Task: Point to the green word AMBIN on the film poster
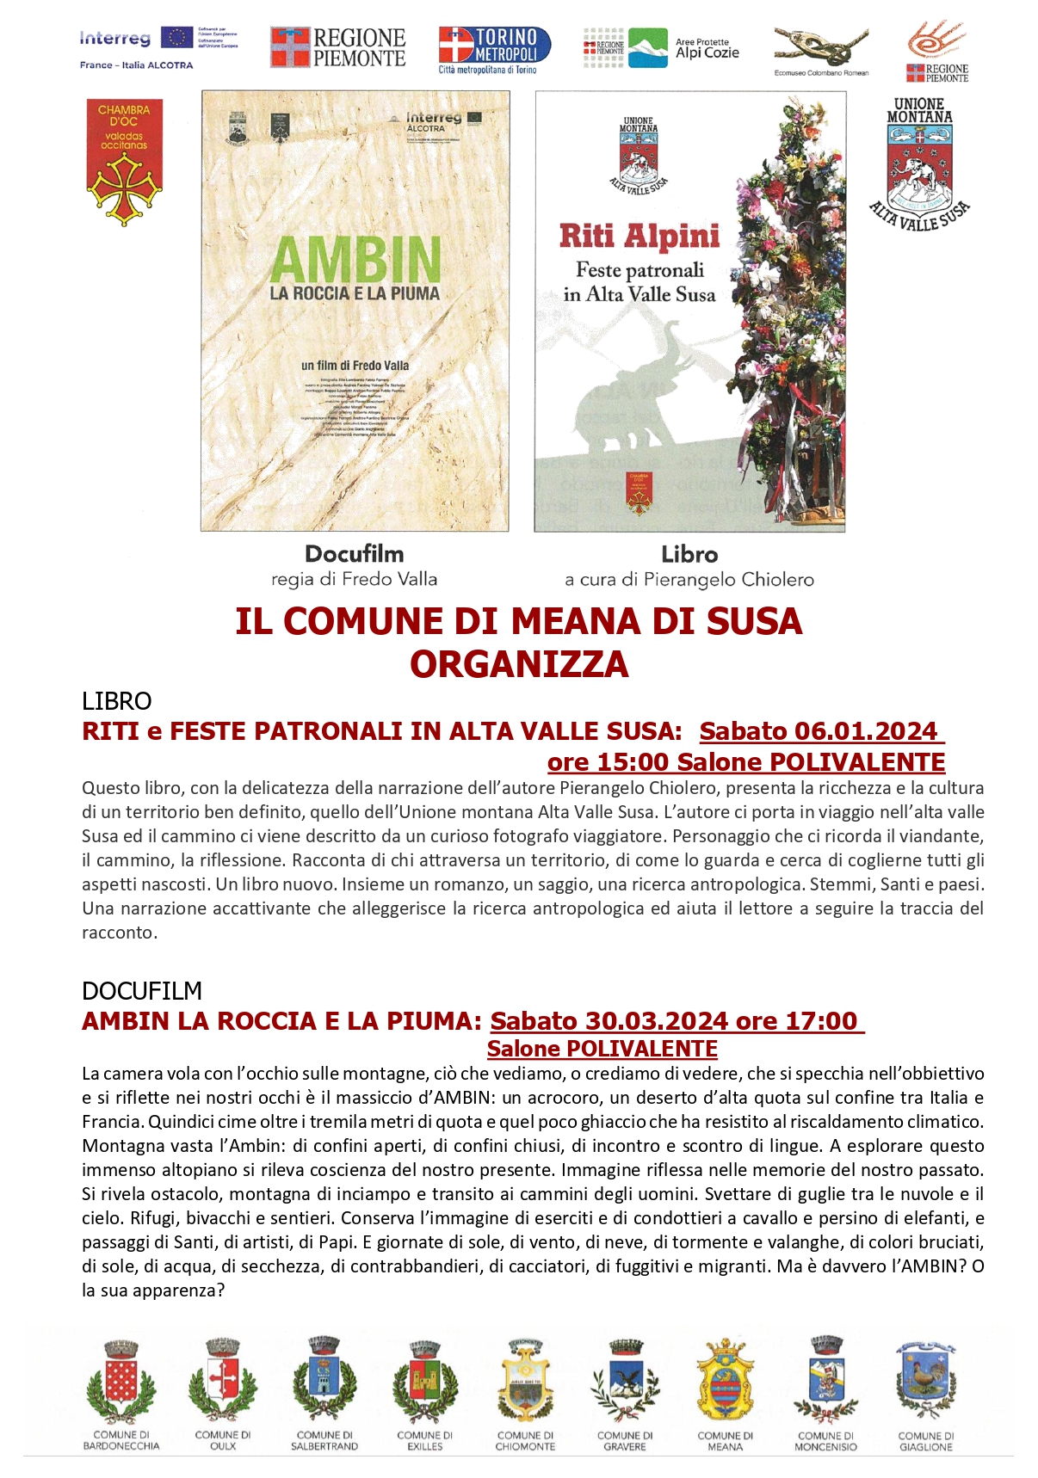tap(355, 259)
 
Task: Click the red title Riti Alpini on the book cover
tap(639, 236)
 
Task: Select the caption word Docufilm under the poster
tap(354, 554)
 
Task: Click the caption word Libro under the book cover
tap(689, 555)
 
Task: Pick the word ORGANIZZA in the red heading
tap(519, 664)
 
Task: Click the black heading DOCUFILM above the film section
tap(142, 991)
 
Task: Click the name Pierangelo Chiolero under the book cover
tap(728, 580)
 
